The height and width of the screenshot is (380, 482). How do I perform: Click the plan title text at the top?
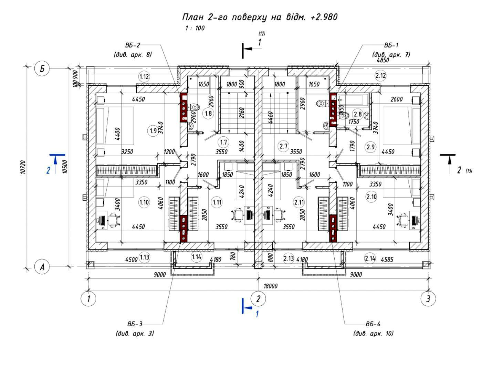click(259, 17)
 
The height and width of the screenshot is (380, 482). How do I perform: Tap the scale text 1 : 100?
click(195, 28)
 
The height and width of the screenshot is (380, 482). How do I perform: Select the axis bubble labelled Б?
click(42, 68)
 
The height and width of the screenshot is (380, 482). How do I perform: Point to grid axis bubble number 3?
click(428, 298)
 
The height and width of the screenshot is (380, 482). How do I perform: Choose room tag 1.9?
click(154, 130)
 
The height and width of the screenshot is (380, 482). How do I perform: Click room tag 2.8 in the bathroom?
click(358, 114)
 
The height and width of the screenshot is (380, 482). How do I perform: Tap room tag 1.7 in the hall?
click(223, 142)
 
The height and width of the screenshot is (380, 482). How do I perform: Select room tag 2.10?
click(371, 197)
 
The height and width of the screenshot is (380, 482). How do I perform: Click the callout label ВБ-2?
click(133, 45)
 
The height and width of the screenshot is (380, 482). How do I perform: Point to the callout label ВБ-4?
click(373, 324)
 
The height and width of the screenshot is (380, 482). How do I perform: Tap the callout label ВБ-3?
click(135, 324)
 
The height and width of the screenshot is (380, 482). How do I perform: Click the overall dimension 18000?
click(270, 286)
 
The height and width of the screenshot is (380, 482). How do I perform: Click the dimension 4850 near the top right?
click(383, 60)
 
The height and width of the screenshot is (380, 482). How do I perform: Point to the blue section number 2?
click(49, 170)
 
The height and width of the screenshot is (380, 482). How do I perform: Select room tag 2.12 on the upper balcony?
click(380, 76)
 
